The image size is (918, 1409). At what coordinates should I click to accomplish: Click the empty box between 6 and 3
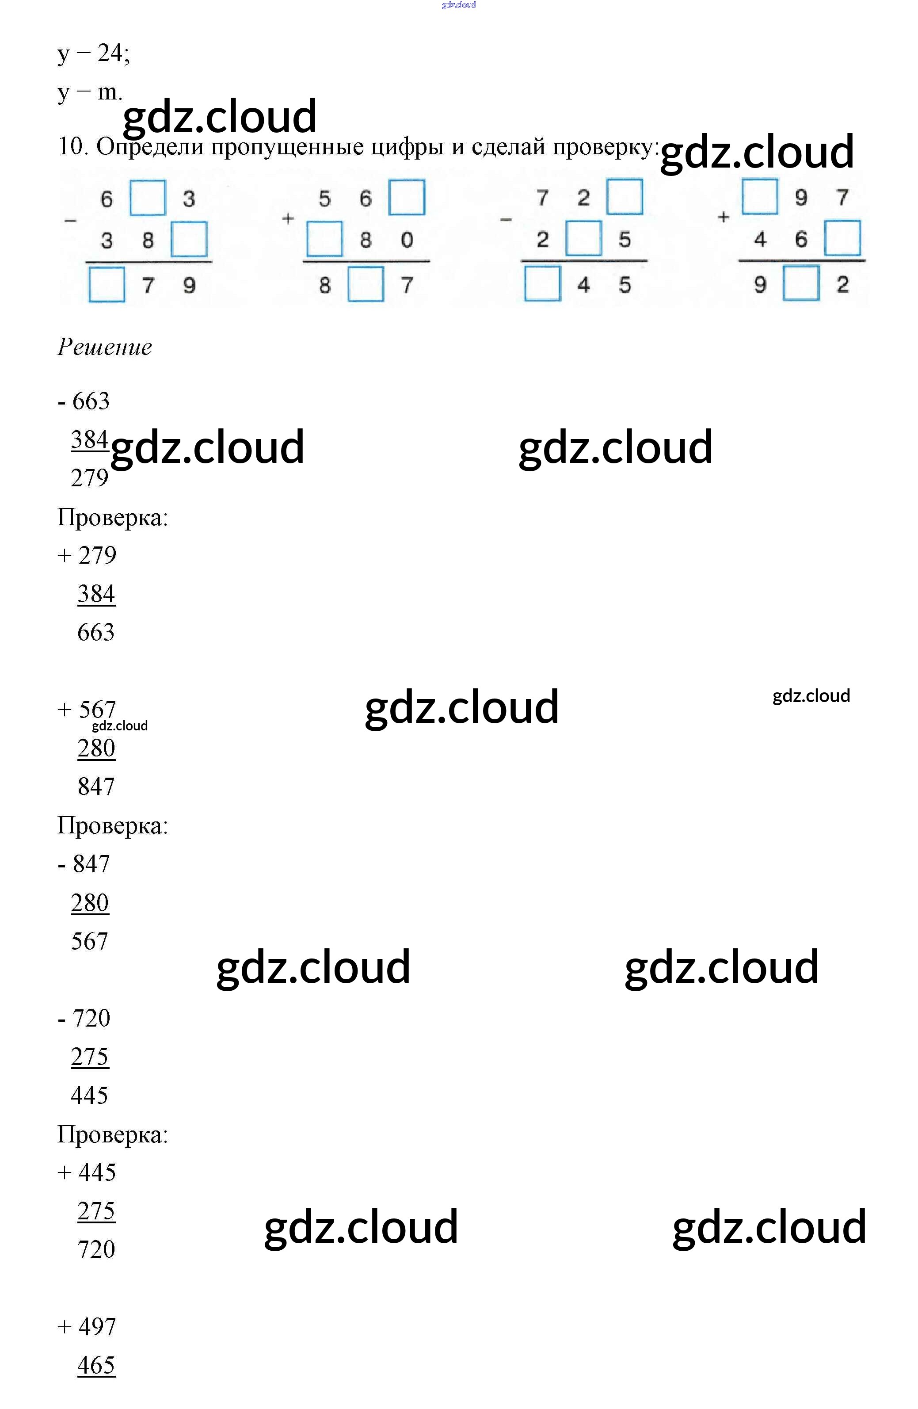(147, 198)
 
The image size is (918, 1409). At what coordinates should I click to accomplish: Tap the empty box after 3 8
(189, 239)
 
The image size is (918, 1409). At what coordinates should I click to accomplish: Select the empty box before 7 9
(107, 285)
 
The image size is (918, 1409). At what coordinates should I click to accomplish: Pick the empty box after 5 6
(407, 197)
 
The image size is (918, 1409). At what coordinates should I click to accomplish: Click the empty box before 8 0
(324, 239)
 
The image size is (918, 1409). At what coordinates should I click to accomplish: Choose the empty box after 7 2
(625, 197)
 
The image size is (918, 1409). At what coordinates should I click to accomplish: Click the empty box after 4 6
(842, 238)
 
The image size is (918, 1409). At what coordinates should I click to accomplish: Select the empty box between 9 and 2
(801, 283)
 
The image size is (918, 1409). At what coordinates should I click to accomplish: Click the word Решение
(105, 347)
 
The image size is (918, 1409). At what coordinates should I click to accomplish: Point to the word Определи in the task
(150, 146)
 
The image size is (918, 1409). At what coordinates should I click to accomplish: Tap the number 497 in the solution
(97, 1327)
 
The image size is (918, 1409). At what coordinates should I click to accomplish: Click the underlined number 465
(96, 1365)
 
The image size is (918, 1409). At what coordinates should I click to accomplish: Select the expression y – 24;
(94, 53)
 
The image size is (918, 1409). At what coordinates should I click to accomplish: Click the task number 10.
(72, 146)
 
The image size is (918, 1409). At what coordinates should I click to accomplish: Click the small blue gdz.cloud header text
(459, 5)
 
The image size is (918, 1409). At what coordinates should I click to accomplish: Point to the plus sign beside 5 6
(288, 218)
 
